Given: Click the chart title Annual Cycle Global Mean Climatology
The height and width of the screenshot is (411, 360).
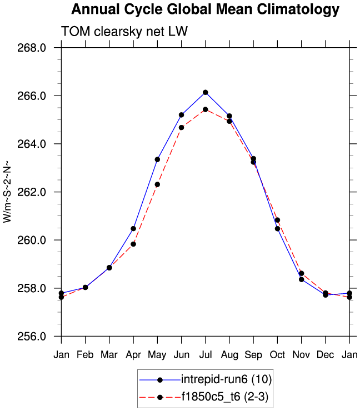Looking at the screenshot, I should (205, 9).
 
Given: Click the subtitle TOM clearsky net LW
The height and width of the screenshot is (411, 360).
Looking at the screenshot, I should (125, 32).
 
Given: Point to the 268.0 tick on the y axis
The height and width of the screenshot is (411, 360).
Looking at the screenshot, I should (34, 48).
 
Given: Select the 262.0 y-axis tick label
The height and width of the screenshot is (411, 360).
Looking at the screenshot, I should (34, 192).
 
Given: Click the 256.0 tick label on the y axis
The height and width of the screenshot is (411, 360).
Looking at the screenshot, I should (34, 337).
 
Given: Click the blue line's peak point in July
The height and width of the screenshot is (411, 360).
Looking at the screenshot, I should (205, 92).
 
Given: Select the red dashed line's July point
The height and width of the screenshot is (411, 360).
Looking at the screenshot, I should (205, 109).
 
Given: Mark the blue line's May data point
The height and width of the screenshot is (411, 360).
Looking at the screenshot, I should (157, 159).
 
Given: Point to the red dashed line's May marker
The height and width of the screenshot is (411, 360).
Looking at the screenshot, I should (157, 184).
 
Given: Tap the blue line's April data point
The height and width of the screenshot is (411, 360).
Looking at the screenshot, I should (133, 228).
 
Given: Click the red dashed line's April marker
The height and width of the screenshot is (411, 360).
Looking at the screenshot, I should (133, 244).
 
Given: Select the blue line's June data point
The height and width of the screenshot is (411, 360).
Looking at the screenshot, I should (181, 114).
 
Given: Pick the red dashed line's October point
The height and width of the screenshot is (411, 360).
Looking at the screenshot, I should (277, 220).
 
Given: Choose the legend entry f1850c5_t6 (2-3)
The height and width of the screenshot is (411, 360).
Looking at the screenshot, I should (225, 397).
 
